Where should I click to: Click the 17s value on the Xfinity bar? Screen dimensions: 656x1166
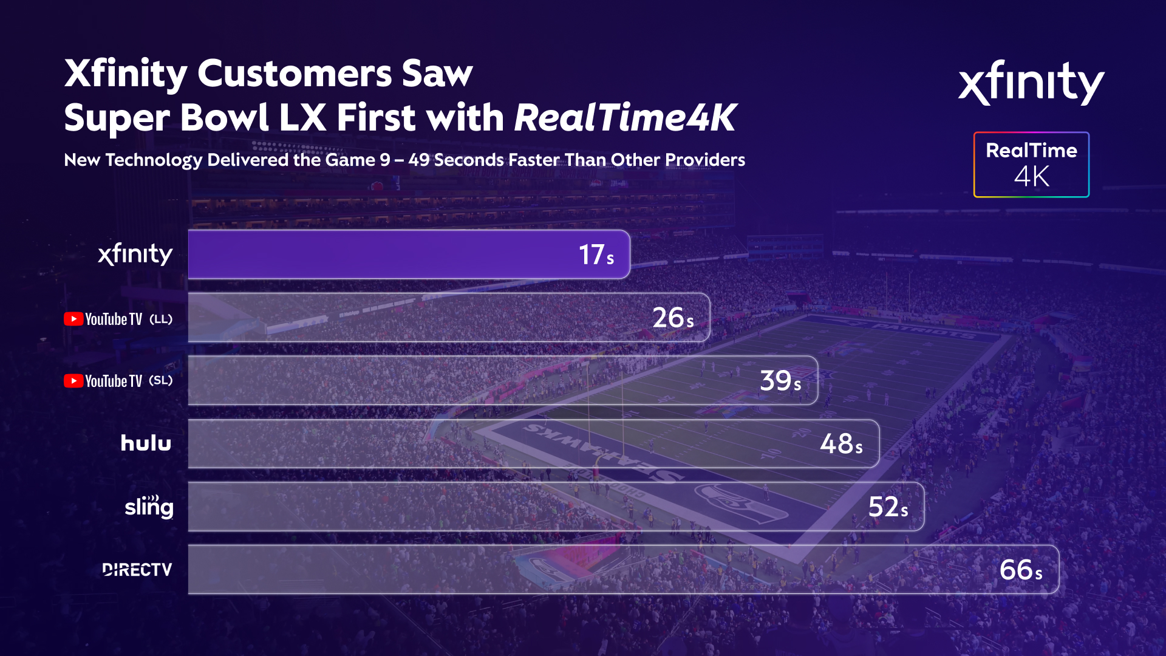pos(596,255)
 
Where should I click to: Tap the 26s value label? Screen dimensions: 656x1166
pos(672,318)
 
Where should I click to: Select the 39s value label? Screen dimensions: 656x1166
pos(780,381)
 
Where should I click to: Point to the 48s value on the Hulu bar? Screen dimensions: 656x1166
pos(841,444)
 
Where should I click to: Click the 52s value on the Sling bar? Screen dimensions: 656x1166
pos(888,507)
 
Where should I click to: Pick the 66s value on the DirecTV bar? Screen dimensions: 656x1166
pos(1021,570)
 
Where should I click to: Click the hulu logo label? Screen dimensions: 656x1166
pos(146,443)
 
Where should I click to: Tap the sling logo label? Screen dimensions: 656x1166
pos(149,507)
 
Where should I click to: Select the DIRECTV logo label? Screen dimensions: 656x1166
pos(137,570)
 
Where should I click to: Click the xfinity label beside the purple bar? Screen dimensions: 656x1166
pos(135,255)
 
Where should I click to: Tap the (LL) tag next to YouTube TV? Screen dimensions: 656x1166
pos(161,319)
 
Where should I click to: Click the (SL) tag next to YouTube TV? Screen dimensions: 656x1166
pos(161,381)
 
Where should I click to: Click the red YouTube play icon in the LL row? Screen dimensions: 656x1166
pos(73,319)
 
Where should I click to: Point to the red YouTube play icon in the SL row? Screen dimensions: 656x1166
pos(73,381)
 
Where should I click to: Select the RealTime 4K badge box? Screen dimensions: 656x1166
pos(1031,165)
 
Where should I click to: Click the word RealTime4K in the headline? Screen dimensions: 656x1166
pos(625,117)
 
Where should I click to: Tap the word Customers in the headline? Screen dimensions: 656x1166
pos(295,73)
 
